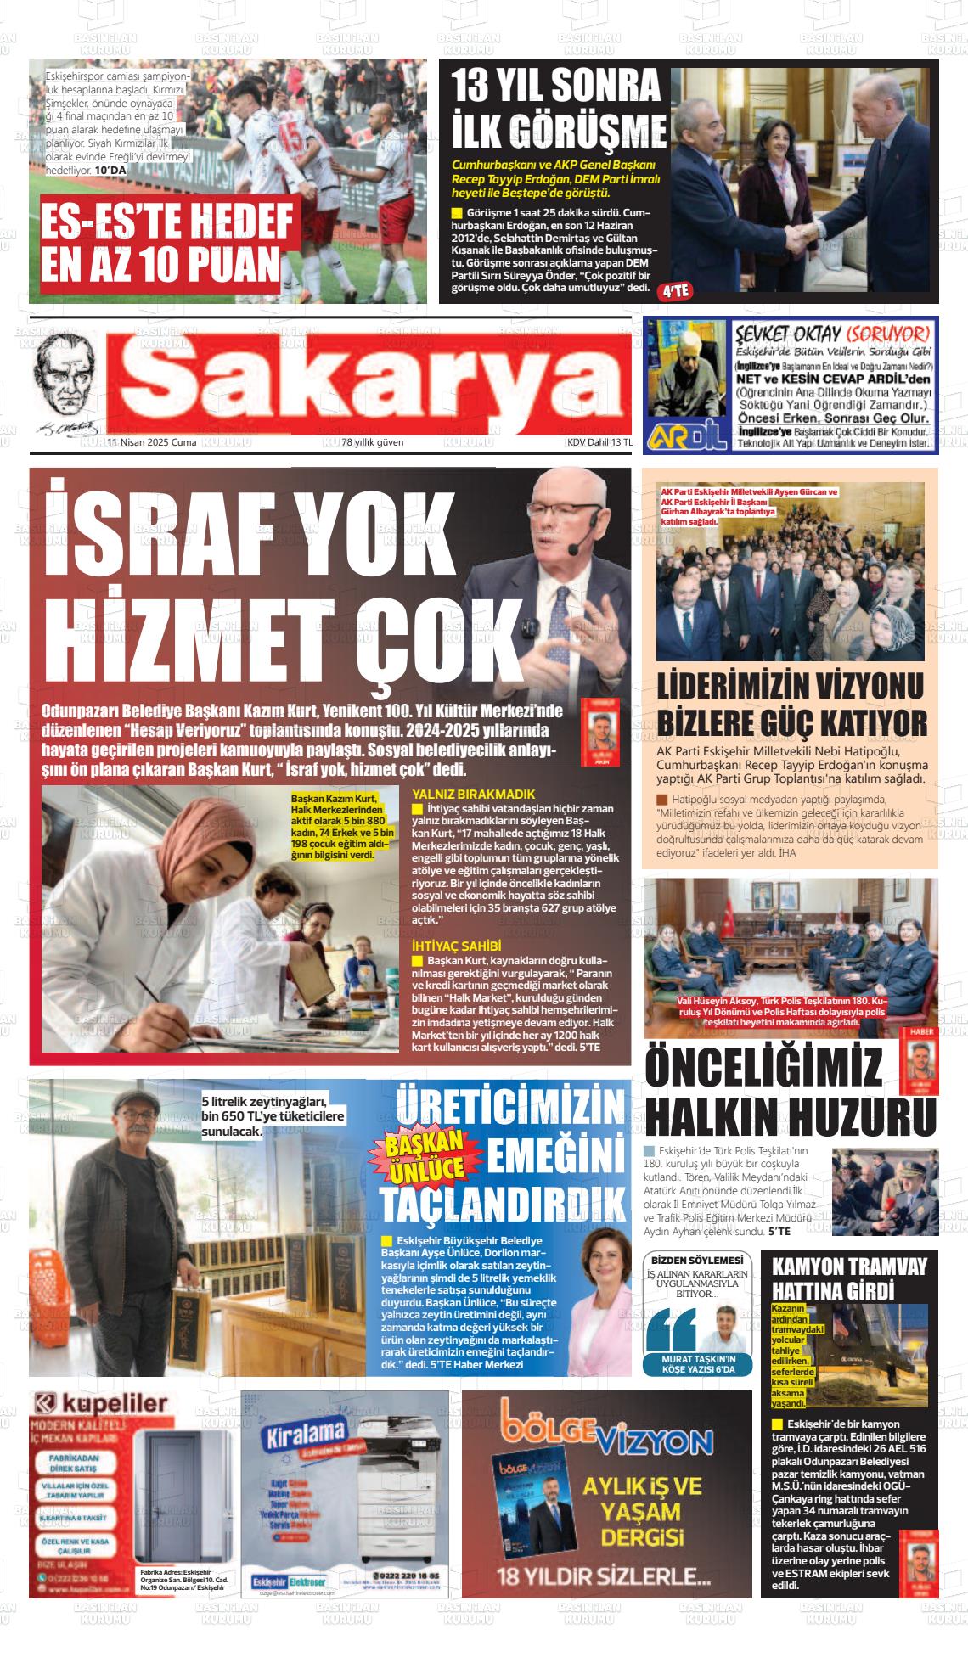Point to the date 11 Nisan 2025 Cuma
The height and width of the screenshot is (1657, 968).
point(152,442)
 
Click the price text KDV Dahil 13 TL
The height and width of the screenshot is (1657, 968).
point(599,442)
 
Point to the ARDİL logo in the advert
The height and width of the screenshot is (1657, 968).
point(687,435)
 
